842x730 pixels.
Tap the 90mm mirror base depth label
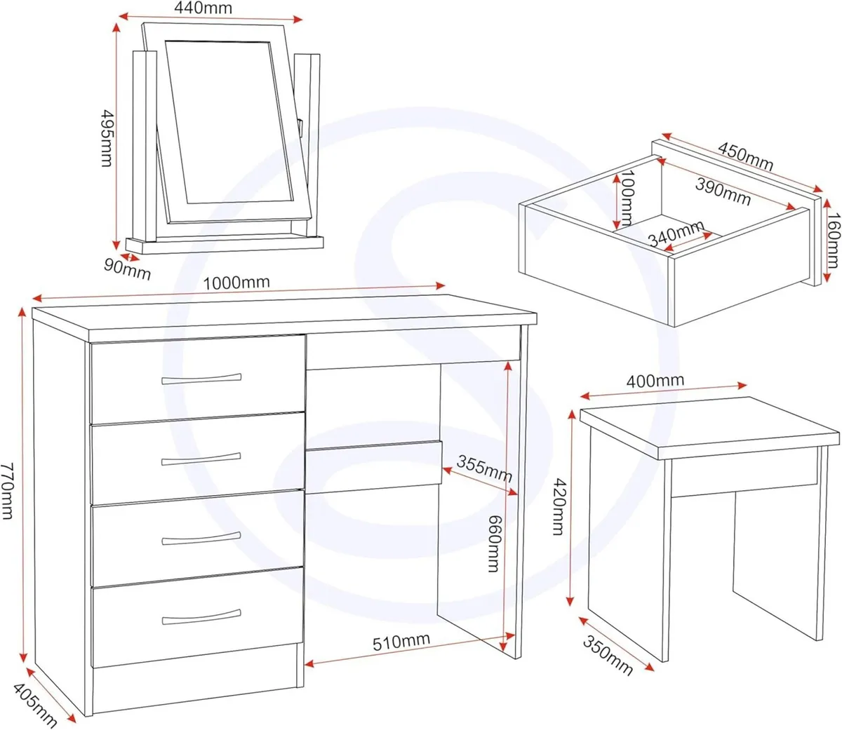click(127, 268)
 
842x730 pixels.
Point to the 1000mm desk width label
click(236, 283)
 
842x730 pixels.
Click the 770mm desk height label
click(8, 490)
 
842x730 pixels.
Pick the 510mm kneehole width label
click(401, 642)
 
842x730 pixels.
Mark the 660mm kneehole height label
click(494, 543)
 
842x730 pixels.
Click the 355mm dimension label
click(484, 468)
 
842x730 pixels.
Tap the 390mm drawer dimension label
click(723, 191)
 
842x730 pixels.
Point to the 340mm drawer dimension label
click(675, 234)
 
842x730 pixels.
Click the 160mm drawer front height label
click(832, 241)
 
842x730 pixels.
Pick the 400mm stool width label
click(655, 381)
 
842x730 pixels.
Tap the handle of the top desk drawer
click(201, 379)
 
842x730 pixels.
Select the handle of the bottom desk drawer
click(201, 619)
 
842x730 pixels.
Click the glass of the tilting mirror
click(229, 123)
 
